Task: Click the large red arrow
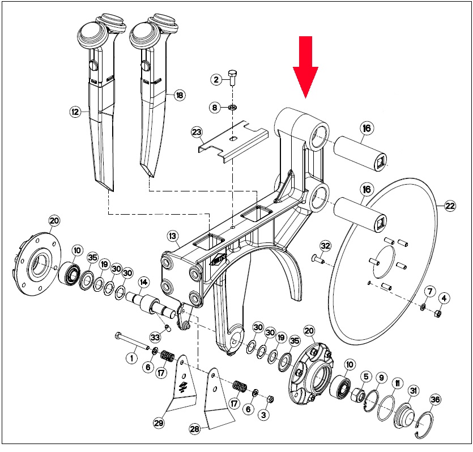tap(305, 67)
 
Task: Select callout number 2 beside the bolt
tap(216, 80)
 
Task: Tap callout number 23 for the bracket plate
tap(197, 132)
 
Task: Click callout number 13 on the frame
tap(173, 236)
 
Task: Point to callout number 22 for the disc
tap(450, 206)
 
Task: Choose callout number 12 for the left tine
tap(75, 112)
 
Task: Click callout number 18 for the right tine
tap(180, 95)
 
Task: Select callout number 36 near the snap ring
tap(435, 400)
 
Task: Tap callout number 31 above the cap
tap(414, 391)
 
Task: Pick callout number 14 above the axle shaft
tap(143, 282)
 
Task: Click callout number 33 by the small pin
tap(155, 337)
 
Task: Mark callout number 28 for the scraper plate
tap(195, 429)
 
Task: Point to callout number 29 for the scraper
tap(159, 423)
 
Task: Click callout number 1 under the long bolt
tap(131, 358)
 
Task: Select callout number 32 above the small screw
tap(326, 246)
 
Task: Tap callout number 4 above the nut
tap(444, 299)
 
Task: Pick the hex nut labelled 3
tap(271, 399)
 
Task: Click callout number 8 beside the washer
tap(215, 108)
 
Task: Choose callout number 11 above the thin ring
tap(398, 383)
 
